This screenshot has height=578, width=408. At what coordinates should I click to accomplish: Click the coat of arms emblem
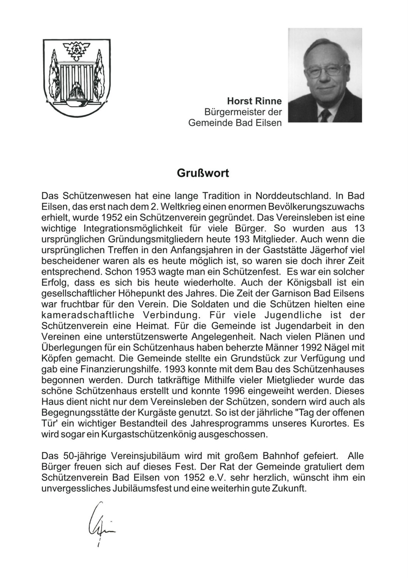[76, 78]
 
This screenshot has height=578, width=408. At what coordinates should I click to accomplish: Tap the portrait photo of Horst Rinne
[325, 75]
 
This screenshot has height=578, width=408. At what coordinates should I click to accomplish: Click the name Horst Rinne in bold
[254, 101]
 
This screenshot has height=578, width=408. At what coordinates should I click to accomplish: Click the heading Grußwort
[203, 173]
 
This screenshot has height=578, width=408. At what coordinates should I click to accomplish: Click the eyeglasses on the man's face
[324, 70]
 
